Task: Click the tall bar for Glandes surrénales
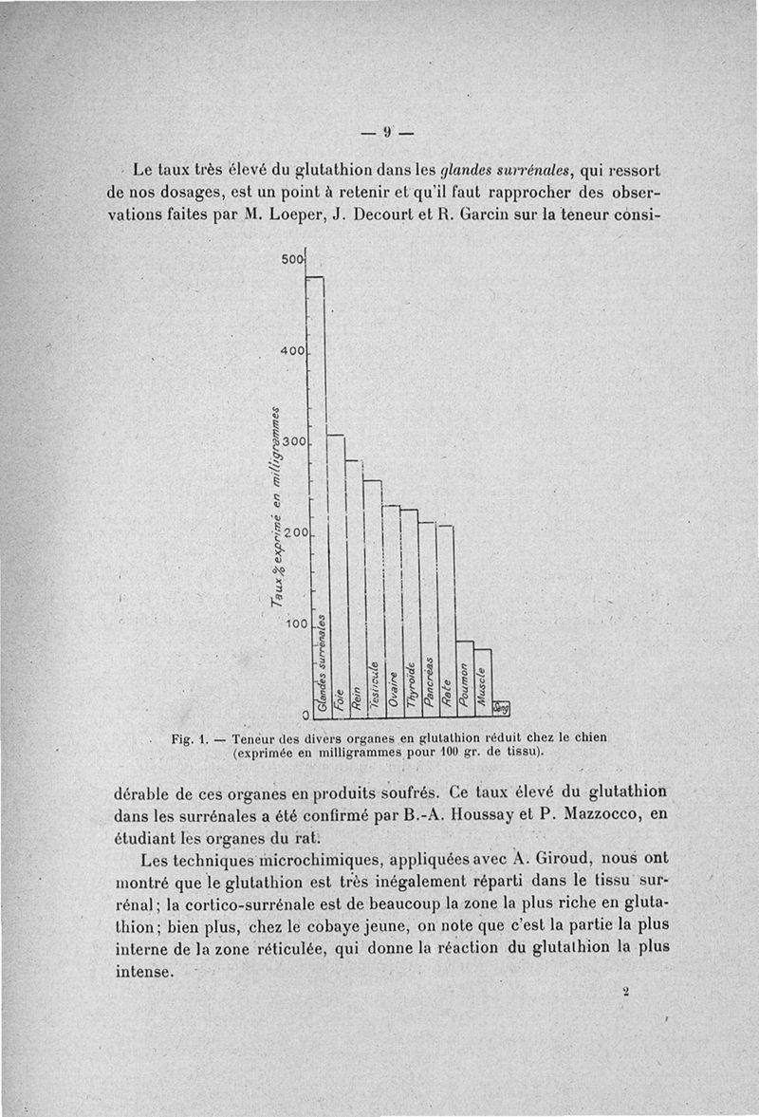pos(316,493)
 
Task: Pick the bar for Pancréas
pos(428,617)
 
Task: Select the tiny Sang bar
pos(501,707)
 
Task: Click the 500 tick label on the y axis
pos(292,260)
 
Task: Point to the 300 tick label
pos(292,443)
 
